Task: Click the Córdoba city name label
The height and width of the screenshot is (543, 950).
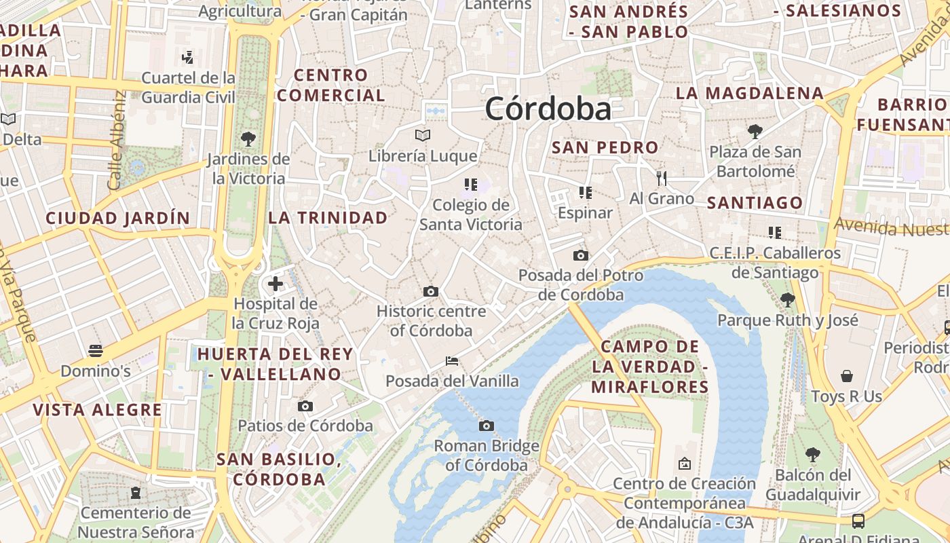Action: pyautogui.click(x=548, y=109)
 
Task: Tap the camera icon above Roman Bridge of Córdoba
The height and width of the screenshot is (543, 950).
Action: pyautogui.click(x=486, y=426)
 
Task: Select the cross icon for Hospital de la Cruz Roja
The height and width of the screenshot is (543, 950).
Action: pyautogui.click(x=275, y=283)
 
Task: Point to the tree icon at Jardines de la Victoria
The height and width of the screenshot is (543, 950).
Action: pyautogui.click(x=248, y=139)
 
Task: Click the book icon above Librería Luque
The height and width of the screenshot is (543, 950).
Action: pyautogui.click(x=423, y=135)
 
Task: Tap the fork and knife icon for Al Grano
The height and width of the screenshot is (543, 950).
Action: pyautogui.click(x=662, y=179)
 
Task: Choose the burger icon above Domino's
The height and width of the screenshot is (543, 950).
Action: pyautogui.click(x=96, y=351)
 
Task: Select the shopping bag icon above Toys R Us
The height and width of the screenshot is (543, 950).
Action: pyautogui.click(x=847, y=376)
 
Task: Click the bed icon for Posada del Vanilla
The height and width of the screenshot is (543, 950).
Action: pyautogui.click(x=452, y=361)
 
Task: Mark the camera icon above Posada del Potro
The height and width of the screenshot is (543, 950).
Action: pyautogui.click(x=580, y=256)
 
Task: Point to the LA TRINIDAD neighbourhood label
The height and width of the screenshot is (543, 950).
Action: pyautogui.click(x=328, y=218)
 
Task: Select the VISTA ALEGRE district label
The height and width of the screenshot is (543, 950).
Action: pyautogui.click(x=98, y=410)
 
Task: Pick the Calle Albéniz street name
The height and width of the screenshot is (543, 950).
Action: pyautogui.click(x=116, y=141)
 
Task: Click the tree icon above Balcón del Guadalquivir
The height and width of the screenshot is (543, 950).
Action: pyautogui.click(x=812, y=455)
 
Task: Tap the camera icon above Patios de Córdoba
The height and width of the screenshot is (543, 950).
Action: pyautogui.click(x=305, y=406)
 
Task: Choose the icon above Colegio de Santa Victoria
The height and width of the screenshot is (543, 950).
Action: pyautogui.click(x=471, y=184)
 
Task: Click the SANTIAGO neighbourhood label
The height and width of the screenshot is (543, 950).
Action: pyautogui.click(x=755, y=202)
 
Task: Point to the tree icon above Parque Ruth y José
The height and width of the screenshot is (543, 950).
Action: pyautogui.click(x=787, y=299)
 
